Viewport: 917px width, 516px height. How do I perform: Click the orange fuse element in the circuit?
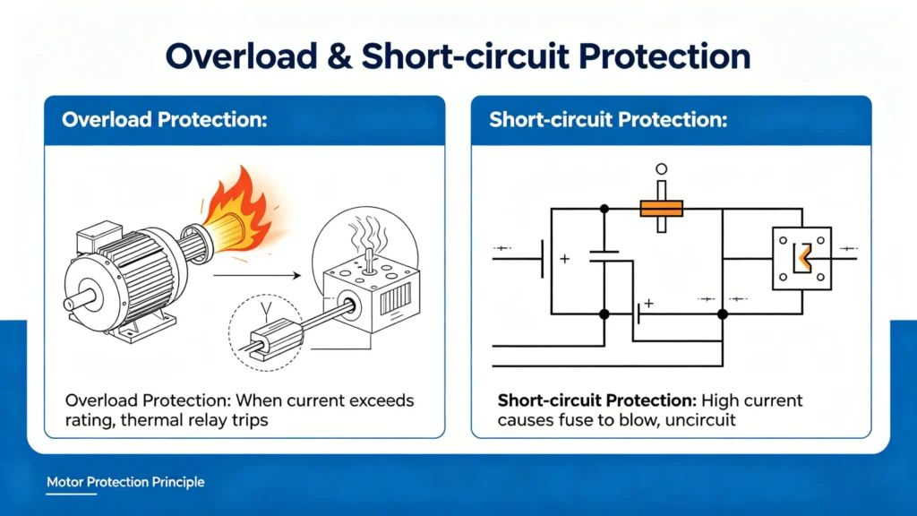(662, 209)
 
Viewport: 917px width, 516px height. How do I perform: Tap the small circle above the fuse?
(662, 168)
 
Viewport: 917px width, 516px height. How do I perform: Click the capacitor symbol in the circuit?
(604, 256)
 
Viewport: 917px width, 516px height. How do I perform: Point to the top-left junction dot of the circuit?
(604, 209)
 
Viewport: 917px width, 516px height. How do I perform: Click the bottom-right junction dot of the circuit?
(722, 314)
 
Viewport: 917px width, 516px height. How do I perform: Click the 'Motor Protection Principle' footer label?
(125, 482)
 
